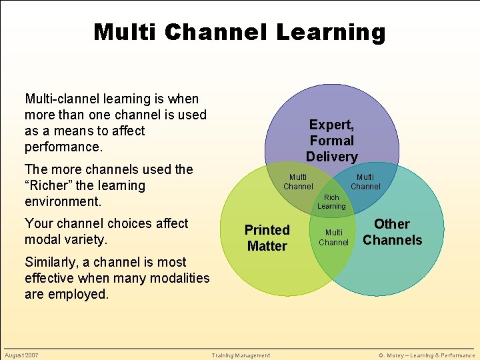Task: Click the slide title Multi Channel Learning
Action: (239, 31)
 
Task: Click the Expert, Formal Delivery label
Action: (331, 141)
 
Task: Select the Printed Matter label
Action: (267, 238)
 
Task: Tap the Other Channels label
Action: (392, 232)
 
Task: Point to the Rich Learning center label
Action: (331, 202)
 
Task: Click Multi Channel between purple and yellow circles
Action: (298, 181)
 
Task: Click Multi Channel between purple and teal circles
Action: (365, 181)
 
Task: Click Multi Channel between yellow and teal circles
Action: (333, 237)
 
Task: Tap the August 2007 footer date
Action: (21, 355)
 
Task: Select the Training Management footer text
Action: (241, 355)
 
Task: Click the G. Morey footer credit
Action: (427, 355)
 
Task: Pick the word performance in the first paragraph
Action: (63, 147)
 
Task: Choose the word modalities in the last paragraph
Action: (180, 278)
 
